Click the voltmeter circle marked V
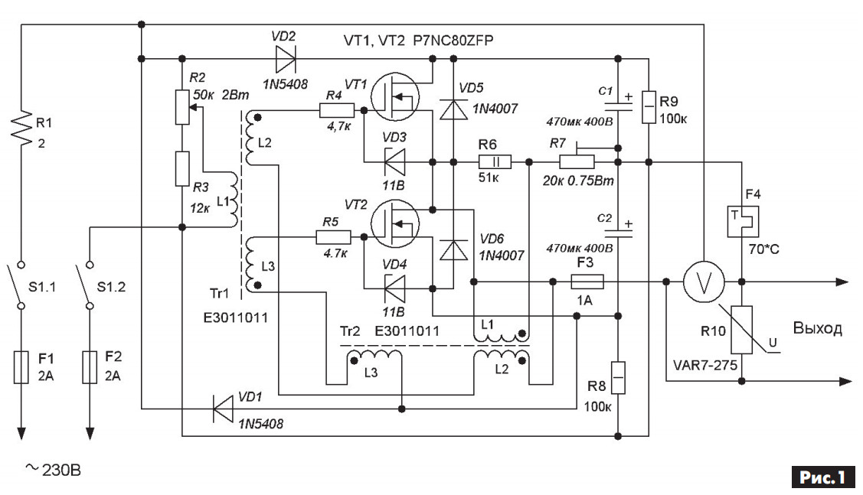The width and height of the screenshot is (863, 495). [x=704, y=282]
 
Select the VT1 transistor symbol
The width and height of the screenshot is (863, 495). [x=395, y=97]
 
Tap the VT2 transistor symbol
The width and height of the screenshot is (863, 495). [x=395, y=224]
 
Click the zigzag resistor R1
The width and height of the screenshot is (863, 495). [x=21, y=128]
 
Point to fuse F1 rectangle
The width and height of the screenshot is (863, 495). [x=21, y=366]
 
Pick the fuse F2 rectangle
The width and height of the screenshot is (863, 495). [x=90, y=366]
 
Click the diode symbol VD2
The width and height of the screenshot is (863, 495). [x=285, y=58]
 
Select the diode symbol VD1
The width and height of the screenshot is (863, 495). [x=223, y=409]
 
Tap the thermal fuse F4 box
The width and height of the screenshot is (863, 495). [x=743, y=222]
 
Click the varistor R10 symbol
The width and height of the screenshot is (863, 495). [x=742, y=330]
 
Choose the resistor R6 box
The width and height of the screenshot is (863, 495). [x=495, y=162]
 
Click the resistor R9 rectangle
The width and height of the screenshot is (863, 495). [x=649, y=106]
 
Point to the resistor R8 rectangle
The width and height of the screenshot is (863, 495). [x=618, y=378]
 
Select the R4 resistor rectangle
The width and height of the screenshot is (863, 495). [x=336, y=110]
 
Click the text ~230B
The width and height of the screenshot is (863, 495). [x=54, y=471]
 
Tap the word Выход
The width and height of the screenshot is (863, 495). [x=817, y=328]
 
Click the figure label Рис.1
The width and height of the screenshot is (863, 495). [x=823, y=477]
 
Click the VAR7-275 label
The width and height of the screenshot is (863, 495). [x=705, y=365]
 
